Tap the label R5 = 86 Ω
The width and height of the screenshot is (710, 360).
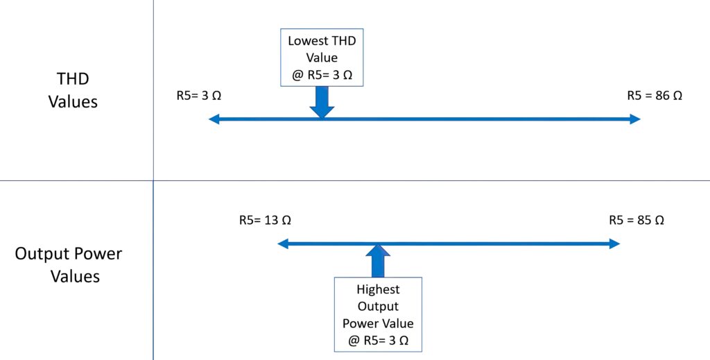tap(655, 96)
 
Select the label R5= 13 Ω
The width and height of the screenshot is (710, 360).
tap(264, 221)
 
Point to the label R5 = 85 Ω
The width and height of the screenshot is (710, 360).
tap(637, 221)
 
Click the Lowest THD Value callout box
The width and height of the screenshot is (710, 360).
tap(322, 58)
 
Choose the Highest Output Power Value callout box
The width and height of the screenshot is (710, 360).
tap(378, 315)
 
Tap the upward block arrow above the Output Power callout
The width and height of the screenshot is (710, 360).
tap(378, 261)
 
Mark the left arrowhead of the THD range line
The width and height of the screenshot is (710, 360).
tap(214, 119)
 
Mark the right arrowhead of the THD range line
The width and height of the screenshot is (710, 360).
tap(636, 119)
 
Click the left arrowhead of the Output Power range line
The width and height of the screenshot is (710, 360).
tap(283, 243)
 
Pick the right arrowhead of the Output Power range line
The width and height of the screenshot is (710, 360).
tap(614, 243)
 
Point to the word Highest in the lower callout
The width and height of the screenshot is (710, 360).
tap(378, 289)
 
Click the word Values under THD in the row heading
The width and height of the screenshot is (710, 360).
tap(73, 102)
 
